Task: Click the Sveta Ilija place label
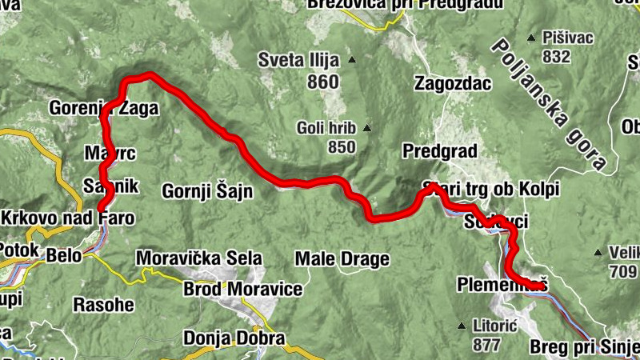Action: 298,60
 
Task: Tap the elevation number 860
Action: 322,82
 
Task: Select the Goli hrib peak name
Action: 325,127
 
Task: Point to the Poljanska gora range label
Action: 553,103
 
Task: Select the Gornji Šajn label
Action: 207,190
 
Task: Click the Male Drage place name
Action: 342,259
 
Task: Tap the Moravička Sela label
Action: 199,258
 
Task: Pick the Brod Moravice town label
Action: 243,289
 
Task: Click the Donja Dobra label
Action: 234,338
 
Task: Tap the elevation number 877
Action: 486,345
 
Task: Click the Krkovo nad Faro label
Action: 67,218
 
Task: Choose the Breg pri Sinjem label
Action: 584,348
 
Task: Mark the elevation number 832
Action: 556,57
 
